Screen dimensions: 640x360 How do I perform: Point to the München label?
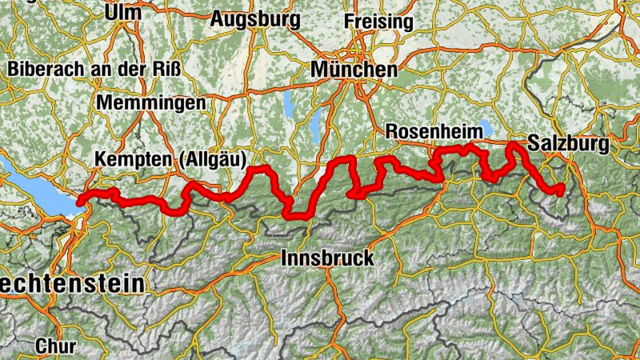coord(353,70)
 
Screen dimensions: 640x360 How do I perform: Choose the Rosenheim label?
coord(433,130)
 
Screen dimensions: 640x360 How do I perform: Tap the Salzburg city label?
coord(568,145)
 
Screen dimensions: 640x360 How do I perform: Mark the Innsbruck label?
coord(328,258)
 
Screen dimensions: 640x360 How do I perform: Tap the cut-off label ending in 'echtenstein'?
coord(72,284)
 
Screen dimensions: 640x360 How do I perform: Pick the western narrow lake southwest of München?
coord(288,105)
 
